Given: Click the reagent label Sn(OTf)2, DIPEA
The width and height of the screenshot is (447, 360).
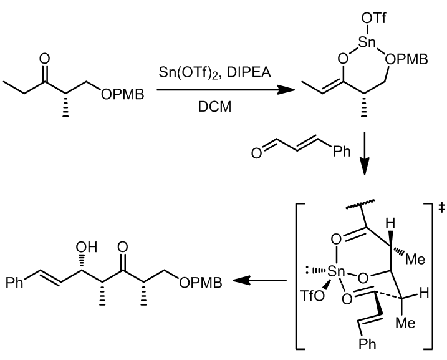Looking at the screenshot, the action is coord(215,72).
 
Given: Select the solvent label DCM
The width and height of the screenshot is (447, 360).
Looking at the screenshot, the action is coord(214,107).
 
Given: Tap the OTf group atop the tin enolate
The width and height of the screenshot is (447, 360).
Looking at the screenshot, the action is coord(373,19).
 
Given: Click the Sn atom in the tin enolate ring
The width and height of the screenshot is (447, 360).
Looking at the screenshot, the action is coord(367,42).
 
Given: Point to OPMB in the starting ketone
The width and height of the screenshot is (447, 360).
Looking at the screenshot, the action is coord(123,94).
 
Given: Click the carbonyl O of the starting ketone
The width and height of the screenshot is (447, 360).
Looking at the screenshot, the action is coord(44,59).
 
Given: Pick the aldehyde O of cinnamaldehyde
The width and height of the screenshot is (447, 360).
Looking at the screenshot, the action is coord(257,153).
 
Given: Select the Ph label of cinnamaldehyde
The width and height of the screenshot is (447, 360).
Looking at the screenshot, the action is coord(342,151).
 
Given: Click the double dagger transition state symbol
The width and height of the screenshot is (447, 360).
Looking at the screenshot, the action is coord(441,208).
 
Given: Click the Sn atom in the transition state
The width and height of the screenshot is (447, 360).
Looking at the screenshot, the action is coord(337,271).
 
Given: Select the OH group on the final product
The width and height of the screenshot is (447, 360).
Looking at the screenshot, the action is coord(87,247).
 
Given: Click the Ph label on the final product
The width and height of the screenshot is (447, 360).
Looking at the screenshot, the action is coord(14,283).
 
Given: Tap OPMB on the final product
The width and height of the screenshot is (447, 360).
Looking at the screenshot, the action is coord(201,283).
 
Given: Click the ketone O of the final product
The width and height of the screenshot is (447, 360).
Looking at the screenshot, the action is coord(123,247).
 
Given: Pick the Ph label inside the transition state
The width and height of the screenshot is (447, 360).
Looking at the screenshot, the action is coord(367,343).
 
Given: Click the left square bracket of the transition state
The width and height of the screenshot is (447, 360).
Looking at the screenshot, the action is coord(297,276).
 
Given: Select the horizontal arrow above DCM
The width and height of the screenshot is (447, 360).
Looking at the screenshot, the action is coord(226,90).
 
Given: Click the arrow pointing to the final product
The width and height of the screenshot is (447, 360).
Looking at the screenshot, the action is coord(260,281).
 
